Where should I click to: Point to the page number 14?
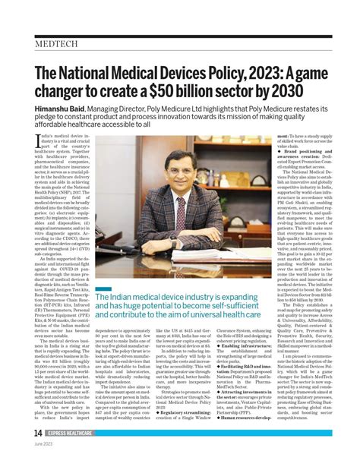(x=37, y=453)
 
